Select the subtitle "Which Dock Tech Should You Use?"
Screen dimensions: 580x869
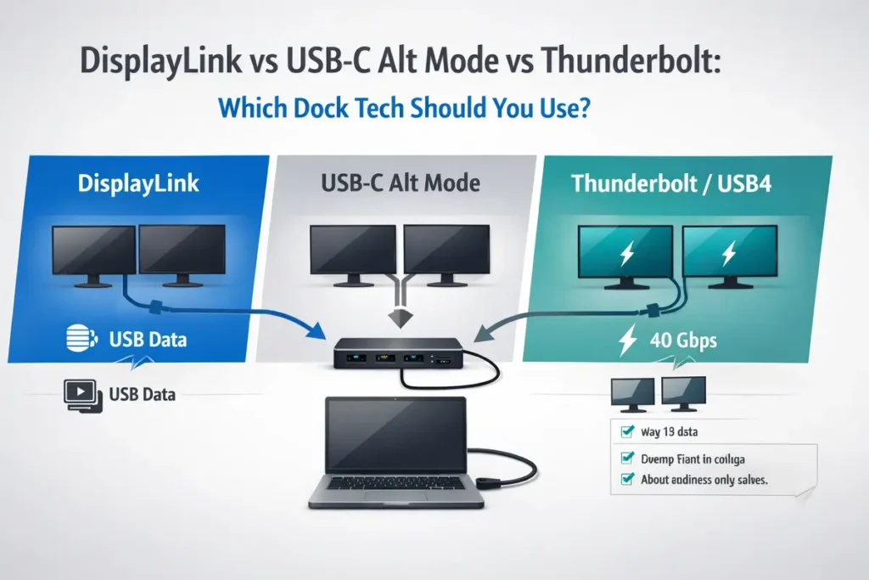click(403, 110)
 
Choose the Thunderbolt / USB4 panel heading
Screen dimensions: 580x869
click(671, 183)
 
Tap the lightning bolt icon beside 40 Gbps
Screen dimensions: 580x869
click(629, 341)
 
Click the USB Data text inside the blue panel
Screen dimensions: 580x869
click(148, 341)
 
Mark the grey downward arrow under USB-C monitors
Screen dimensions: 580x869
click(399, 316)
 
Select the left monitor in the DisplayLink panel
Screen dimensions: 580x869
click(94, 251)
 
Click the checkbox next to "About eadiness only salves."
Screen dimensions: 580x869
click(628, 479)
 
